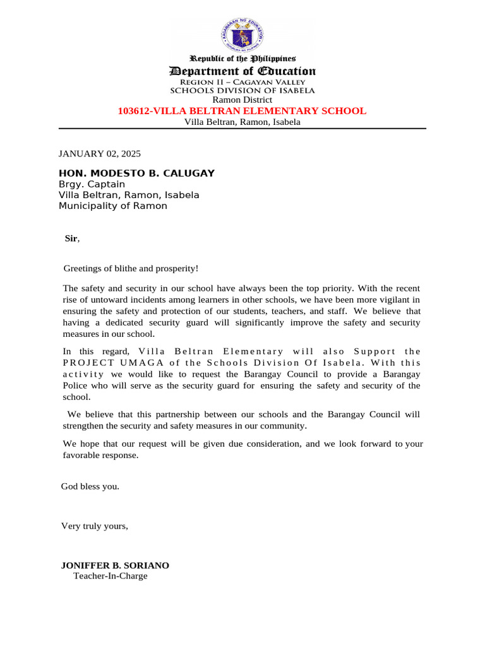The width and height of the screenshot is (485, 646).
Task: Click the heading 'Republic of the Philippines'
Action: point(242,59)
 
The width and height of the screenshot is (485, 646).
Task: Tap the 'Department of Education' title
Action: point(242,71)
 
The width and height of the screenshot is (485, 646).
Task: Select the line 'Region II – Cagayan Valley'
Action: point(242,82)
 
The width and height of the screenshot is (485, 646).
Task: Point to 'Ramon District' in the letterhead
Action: point(242,100)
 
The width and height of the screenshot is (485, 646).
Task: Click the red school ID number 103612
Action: point(135,111)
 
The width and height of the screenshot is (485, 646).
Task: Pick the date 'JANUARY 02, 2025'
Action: point(100,153)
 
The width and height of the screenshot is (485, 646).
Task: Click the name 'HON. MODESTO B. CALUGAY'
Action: point(136,173)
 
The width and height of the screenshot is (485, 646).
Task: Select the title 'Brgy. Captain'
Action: point(92,184)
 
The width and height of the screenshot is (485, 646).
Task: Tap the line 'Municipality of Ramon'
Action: point(113,206)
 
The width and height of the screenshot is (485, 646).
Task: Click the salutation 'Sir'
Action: point(71,238)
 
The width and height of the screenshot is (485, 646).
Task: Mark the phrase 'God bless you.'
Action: point(90,486)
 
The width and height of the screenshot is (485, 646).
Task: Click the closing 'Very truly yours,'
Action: point(94,526)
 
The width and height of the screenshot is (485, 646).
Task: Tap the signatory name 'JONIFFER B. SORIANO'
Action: point(115,566)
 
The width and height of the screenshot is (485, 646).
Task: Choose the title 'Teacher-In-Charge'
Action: point(111,576)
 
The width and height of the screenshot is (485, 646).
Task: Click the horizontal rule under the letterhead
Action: point(242,129)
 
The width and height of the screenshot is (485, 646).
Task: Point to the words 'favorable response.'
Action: point(100,455)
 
